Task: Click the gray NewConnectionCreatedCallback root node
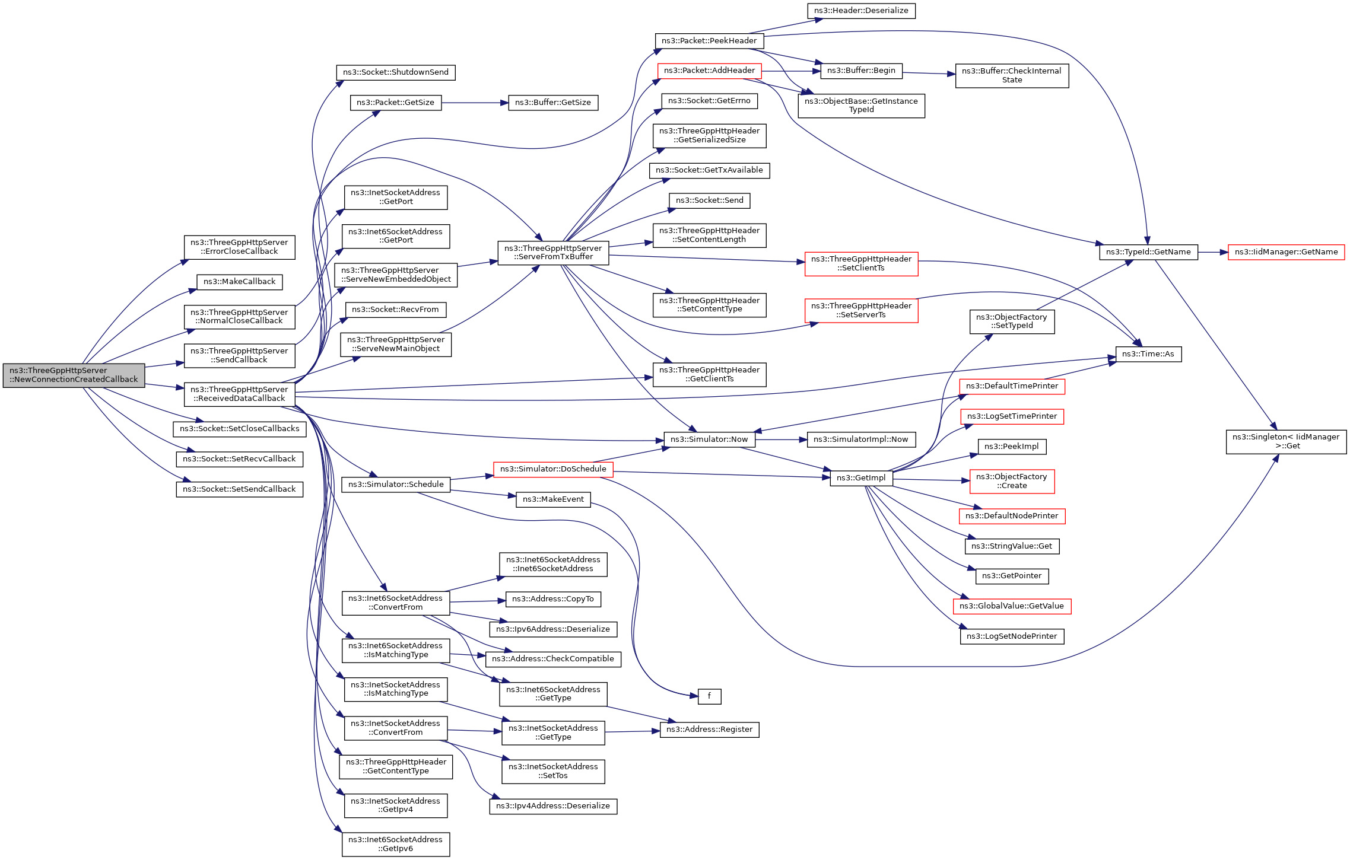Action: point(74,375)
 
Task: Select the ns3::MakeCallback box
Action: point(239,282)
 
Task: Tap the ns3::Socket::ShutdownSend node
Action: point(396,72)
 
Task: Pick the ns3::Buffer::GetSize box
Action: point(553,103)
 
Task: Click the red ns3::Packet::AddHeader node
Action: point(709,71)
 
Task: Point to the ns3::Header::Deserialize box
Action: point(861,11)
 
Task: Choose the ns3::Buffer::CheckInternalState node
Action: point(1012,75)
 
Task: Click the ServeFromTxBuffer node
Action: point(553,253)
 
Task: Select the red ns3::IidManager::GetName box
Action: point(1286,252)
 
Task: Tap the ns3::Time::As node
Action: point(1148,354)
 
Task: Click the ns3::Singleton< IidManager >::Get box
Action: point(1286,442)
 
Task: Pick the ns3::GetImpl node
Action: point(861,478)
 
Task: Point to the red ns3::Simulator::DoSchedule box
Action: point(553,469)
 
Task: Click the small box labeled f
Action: point(709,696)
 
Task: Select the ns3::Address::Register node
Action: point(709,730)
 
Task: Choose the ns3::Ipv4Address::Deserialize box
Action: point(553,806)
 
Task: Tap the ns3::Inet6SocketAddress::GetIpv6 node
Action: point(396,844)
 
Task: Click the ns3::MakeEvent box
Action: point(553,499)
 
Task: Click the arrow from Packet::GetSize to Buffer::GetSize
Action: point(475,103)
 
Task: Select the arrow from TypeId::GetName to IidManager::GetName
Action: point(1213,252)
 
